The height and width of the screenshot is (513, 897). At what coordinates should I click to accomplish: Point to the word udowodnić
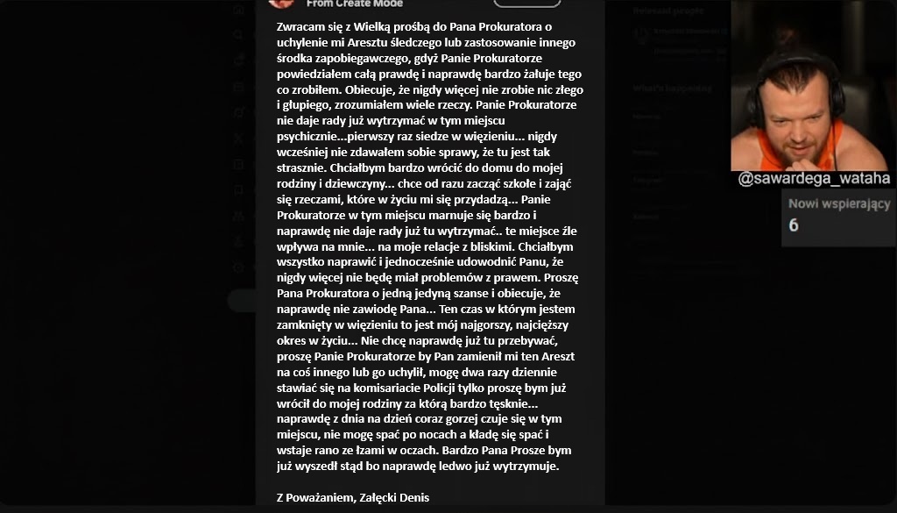coord(480,262)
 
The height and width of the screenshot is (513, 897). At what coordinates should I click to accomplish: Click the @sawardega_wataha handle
coord(814,179)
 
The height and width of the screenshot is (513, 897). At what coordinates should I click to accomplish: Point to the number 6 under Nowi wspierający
coord(794,225)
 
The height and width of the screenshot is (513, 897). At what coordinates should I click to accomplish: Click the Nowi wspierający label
coord(839,204)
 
